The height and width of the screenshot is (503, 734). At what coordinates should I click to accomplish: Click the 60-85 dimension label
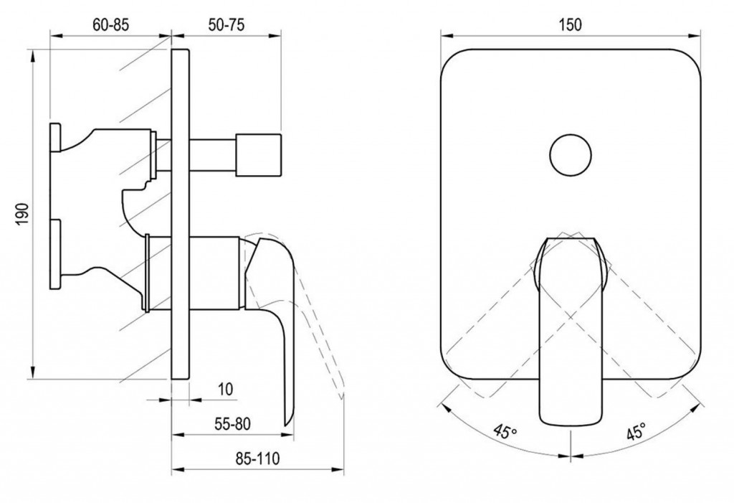[x=110, y=24]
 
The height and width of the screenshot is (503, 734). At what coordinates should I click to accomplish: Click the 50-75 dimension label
[x=226, y=24]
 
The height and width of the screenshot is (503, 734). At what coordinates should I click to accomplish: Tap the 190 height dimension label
[x=22, y=214]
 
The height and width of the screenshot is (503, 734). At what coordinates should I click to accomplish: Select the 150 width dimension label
[x=570, y=24]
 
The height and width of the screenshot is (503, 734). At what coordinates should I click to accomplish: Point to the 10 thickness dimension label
[x=225, y=389]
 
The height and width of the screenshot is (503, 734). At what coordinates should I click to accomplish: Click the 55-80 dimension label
[x=233, y=424]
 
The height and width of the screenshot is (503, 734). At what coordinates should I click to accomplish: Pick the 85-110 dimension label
[x=257, y=458]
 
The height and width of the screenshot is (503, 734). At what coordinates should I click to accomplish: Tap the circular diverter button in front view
[x=570, y=155]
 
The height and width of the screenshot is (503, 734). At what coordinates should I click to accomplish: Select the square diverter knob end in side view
[x=258, y=155]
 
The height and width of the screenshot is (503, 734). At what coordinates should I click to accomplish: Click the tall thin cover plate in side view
[x=180, y=214]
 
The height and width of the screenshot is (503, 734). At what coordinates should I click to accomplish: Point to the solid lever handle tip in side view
[x=287, y=421]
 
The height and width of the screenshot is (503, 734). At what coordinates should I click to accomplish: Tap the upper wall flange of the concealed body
[x=54, y=138]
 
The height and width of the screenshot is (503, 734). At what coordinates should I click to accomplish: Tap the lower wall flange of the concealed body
[x=55, y=255]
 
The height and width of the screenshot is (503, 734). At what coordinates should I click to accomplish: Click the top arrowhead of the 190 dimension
[x=33, y=56]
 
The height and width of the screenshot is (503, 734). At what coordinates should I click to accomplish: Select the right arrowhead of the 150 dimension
[x=695, y=34]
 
